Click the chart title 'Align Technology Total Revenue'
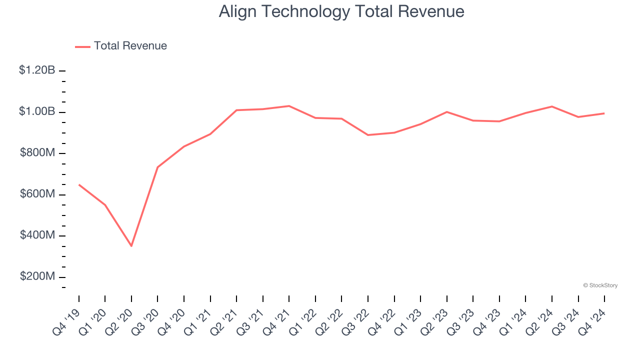tap(341, 11)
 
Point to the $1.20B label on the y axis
tap(37, 70)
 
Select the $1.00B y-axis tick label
tap(37, 111)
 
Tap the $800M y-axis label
tap(37, 153)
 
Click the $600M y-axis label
tap(37, 194)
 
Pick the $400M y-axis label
tap(37, 235)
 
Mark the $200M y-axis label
tap(37, 277)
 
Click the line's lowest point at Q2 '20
tap(131, 246)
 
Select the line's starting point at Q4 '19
tap(79, 185)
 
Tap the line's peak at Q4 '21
tap(289, 106)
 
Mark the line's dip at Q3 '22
tap(368, 135)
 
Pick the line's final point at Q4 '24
tap(604, 113)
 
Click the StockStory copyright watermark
tap(600, 285)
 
